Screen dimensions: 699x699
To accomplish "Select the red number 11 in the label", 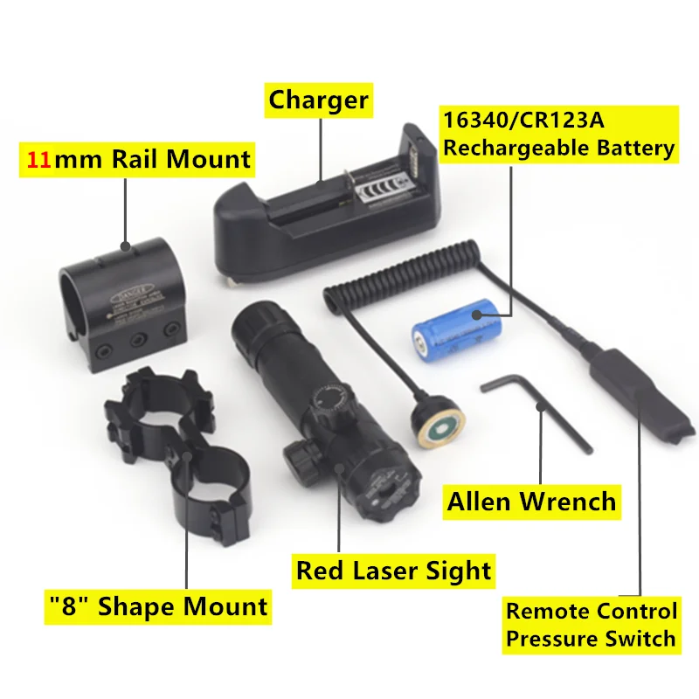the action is click(x=38, y=160).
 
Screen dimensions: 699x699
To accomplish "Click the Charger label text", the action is click(x=318, y=100).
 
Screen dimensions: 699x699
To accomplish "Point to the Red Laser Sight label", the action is click(x=393, y=571).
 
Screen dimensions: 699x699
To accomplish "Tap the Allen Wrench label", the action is click(x=531, y=502).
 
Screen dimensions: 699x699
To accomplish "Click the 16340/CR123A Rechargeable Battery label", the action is click(x=558, y=133).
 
